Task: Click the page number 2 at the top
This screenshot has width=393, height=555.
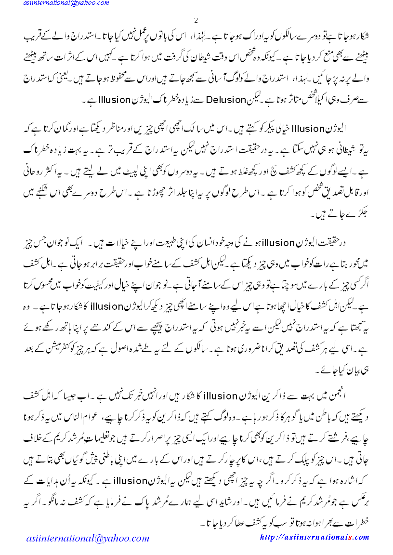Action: point(196,20)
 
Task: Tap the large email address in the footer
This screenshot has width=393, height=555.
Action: point(88,538)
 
